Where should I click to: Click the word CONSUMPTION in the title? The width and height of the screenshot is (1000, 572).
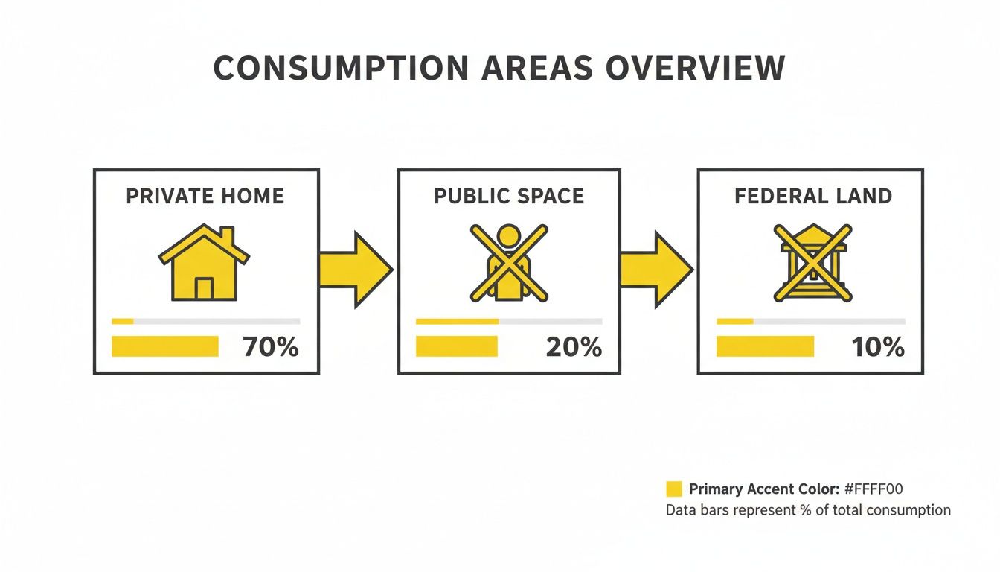[x=341, y=69]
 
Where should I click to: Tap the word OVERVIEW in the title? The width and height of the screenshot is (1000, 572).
[x=695, y=69]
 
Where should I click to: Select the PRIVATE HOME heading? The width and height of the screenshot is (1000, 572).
[x=205, y=197]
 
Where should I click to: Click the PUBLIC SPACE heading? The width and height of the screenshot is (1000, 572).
[x=509, y=197]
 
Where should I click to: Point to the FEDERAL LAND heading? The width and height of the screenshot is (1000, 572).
[x=812, y=197]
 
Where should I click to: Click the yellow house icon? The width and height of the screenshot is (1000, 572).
[x=204, y=264]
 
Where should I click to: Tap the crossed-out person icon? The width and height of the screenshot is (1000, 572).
[x=509, y=264]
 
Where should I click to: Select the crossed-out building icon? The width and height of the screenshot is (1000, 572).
[x=812, y=264]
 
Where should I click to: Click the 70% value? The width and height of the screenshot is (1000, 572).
[x=271, y=347]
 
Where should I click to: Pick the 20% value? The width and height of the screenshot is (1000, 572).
[x=574, y=347]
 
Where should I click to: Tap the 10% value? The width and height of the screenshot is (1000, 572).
[x=878, y=347]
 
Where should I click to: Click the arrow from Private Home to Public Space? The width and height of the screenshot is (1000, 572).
[x=356, y=270]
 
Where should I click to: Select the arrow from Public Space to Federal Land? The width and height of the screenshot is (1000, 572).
[x=656, y=270]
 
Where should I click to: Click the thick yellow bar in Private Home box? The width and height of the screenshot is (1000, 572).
[x=165, y=346]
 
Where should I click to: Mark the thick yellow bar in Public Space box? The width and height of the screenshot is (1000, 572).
[x=456, y=346]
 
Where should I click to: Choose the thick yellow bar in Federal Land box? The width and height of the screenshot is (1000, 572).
[x=765, y=346]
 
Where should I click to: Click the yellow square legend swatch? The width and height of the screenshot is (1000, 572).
[x=673, y=489]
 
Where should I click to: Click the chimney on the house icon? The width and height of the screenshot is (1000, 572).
[x=226, y=236]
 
